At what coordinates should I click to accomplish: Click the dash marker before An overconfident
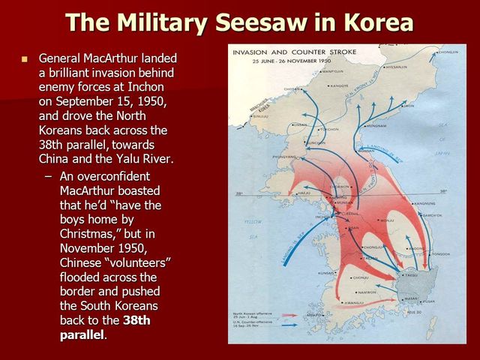tap(49, 177)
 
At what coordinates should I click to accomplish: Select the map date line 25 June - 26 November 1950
tap(278, 60)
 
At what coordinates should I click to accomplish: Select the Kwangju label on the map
tap(344, 302)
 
